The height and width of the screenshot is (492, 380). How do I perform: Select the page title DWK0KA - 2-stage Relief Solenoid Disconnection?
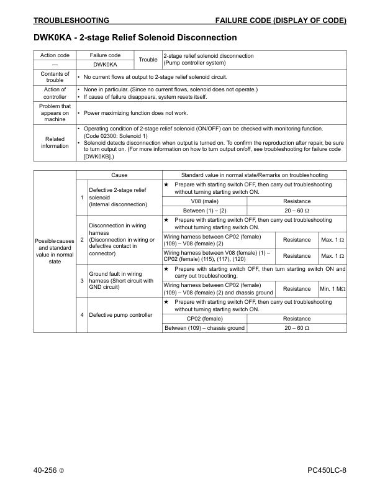[x=135, y=38]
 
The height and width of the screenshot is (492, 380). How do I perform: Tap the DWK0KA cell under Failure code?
[x=105, y=64]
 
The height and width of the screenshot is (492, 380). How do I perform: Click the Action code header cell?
[x=55, y=55]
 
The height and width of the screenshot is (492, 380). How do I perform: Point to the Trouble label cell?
[x=148, y=60]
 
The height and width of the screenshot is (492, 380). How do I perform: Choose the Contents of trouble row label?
[x=55, y=77]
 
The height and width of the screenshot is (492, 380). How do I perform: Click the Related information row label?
[x=55, y=142]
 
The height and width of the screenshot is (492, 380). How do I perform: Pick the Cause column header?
[x=119, y=175]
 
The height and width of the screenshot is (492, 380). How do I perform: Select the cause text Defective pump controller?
[x=120, y=315]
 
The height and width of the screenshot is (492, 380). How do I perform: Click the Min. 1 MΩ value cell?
[x=332, y=288]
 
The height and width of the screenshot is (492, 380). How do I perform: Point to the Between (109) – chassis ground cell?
[x=204, y=328]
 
